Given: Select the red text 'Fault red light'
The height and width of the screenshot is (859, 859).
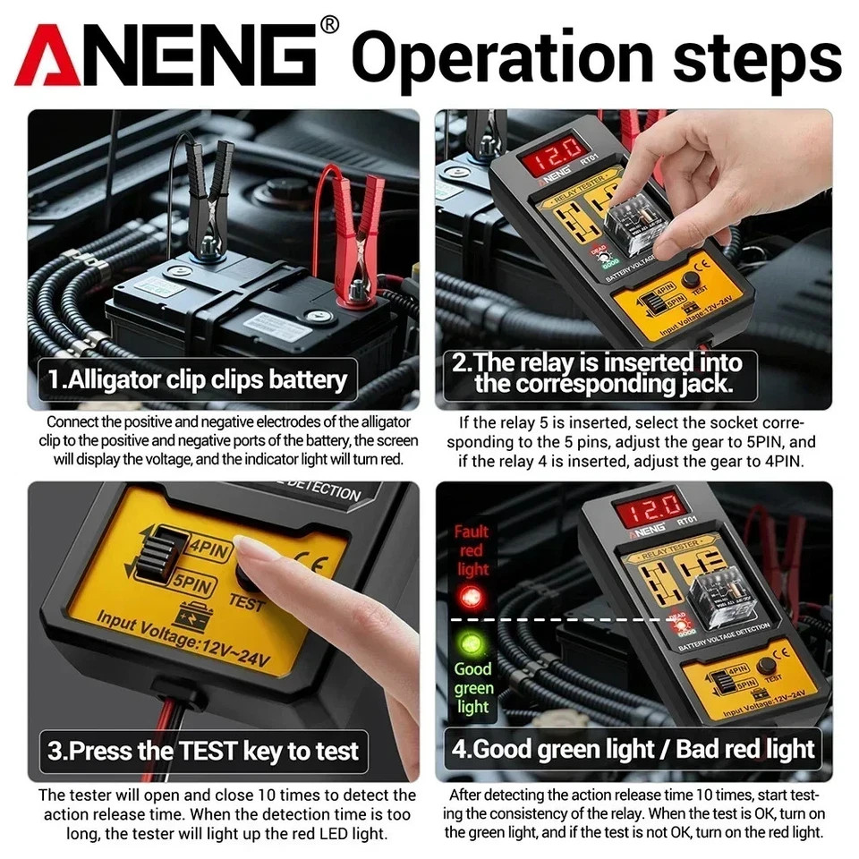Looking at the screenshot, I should (x=472, y=550).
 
